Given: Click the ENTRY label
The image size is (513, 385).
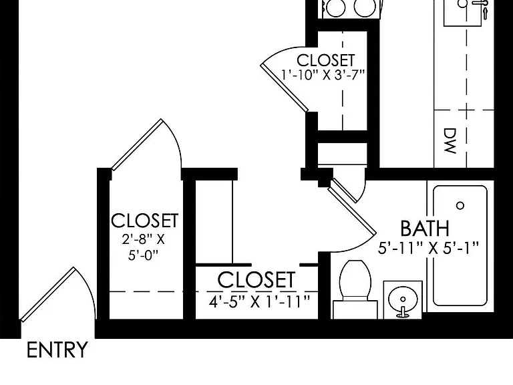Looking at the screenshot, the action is coord(57,350).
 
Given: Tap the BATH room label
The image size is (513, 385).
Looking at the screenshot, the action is coord(425,229).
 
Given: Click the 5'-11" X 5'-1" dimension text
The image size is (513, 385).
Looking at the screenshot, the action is coord(428,248).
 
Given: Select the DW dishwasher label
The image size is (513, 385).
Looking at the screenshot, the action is coord(450,141).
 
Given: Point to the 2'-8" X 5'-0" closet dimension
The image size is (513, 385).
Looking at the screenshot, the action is coord(144,247).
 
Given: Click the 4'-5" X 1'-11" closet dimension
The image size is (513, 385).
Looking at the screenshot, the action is coord(259,301).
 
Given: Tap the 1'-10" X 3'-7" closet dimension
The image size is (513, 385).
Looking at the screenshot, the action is coord(323,76).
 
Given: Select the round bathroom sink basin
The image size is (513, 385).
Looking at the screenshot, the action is coord(403,299).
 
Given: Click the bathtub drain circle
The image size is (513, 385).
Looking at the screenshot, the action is coord(460,206).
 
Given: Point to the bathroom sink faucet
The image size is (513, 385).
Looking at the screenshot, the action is coord(403,313).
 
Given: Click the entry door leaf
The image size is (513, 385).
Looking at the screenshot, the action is coord(47,294).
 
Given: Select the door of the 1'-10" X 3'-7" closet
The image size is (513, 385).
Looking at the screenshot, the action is coord(285,88).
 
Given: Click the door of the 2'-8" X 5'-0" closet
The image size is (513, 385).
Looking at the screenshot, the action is coord(137,144).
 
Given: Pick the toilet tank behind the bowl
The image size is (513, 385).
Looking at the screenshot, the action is coord(355,309).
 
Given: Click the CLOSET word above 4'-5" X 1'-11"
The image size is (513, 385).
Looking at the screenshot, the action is coord(256,280).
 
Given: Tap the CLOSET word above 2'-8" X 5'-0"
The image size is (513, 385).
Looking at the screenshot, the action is coord(144,221).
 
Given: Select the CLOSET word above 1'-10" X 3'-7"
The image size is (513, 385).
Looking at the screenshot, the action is coord(326,60).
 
